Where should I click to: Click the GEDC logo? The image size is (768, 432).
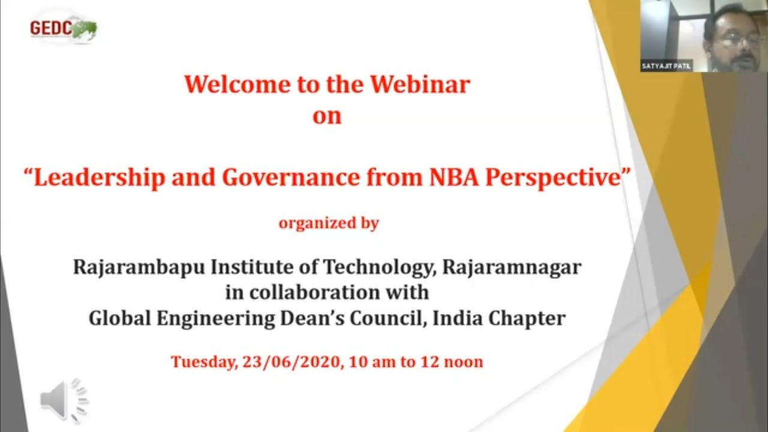point(63,28)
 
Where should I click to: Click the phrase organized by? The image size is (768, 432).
point(328,223)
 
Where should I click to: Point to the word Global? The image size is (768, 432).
point(120,318)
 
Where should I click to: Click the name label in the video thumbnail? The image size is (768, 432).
point(666,66)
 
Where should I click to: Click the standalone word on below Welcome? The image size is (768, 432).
point(327,116)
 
